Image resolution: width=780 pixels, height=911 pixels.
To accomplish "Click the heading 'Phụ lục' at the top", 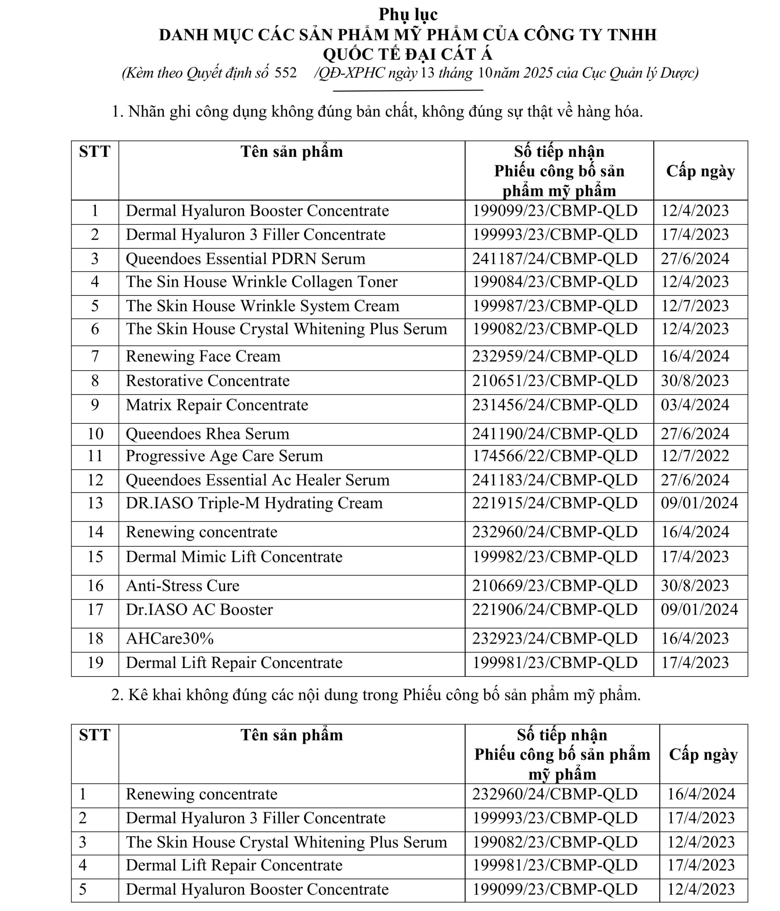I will tap(408, 15).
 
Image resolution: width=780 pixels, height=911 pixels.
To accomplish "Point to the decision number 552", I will tap(285, 73).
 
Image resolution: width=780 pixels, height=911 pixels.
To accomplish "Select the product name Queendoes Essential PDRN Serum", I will tap(246, 258).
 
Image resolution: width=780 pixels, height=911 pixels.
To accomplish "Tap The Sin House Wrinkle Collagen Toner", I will tap(262, 282).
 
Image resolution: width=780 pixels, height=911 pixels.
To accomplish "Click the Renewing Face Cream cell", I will tap(203, 356).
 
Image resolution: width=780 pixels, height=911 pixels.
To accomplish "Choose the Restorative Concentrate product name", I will tap(208, 381).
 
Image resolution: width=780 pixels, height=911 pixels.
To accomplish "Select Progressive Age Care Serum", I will tap(224, 456).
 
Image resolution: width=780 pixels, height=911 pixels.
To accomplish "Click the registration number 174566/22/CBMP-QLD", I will tap(555, 456).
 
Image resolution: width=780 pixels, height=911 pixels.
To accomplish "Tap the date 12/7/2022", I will tap(695, 456).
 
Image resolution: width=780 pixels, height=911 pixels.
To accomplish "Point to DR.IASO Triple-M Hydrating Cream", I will tap(254, 503).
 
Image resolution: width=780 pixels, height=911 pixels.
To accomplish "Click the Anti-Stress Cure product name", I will tap(183, 586).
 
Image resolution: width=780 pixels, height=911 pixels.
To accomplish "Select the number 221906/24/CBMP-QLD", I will tap(555, 610).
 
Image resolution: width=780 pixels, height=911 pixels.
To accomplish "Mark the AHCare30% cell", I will tap(170, 638).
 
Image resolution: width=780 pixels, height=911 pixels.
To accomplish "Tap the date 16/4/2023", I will tap(695, 638).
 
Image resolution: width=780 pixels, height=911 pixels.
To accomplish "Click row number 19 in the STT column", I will tap(95, 663).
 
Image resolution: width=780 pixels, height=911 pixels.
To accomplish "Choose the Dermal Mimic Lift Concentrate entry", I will tap(234, 557).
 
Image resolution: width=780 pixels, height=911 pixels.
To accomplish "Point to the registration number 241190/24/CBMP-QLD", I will tap(555, 434).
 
